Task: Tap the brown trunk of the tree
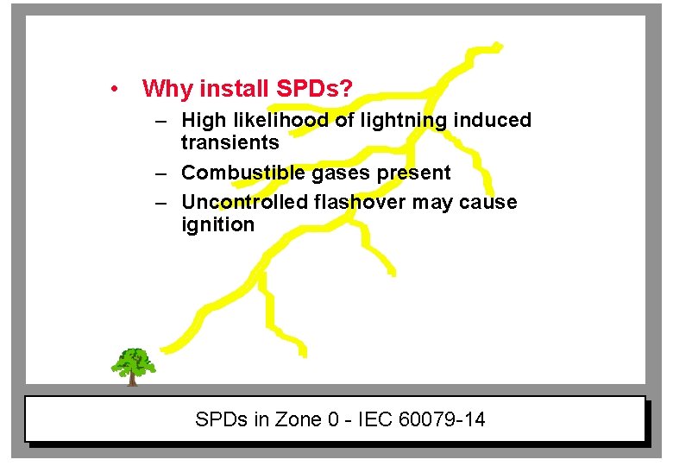coord(132,377)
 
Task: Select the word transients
coord(230,142)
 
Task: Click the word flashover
coord(361,202)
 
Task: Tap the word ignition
coord(217,224)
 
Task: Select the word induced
coord(495,120)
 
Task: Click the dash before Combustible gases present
coord(161,173)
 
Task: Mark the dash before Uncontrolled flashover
coord(161,203)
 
